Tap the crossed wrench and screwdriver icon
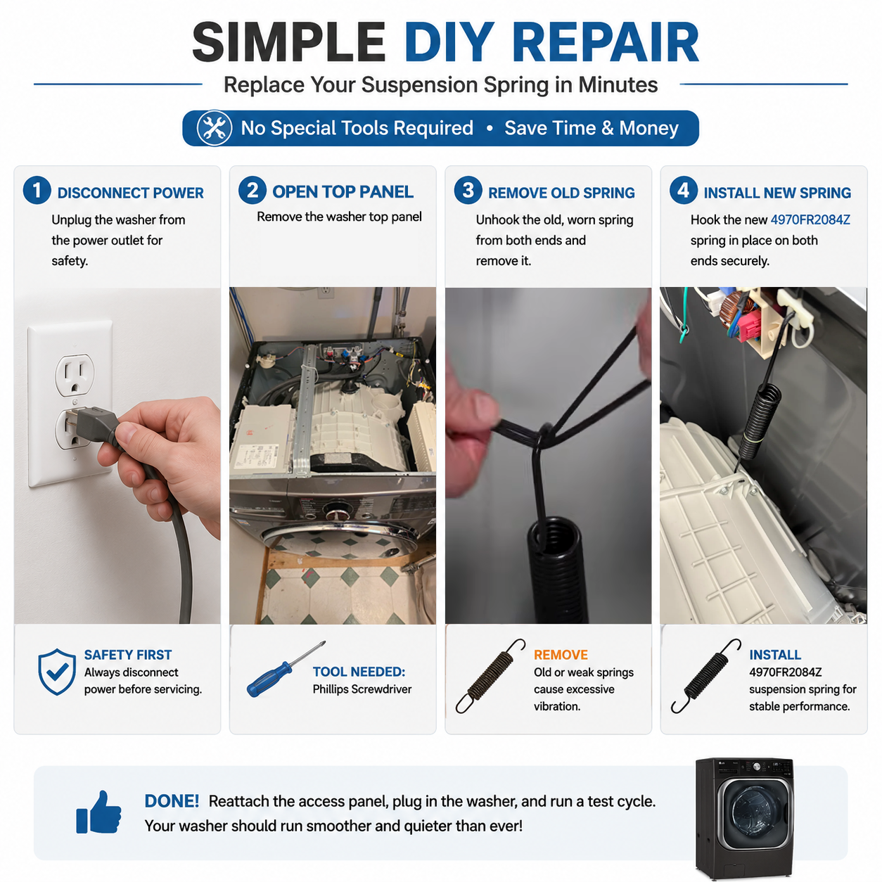tap(214, 128)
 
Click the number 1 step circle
tap(37, 191)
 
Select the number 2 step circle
tap(253, 191)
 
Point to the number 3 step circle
tap(468, 191)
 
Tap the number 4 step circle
tap(684, 191)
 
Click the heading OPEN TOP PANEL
tap(343, 192)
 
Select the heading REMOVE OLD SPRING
tap(561, 193)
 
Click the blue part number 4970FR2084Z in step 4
tap(810, 220)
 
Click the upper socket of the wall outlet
tap(75, 373)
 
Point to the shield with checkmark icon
tap(57, 672)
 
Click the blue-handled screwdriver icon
tap(286, 669)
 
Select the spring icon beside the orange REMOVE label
tap(490, 676)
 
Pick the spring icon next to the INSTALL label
tap(705, 676)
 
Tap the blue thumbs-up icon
tap(99, 812)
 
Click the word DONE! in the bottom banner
tap(172, 801)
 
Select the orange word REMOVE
tap(561, 655)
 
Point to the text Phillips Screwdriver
tap(362, 689)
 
